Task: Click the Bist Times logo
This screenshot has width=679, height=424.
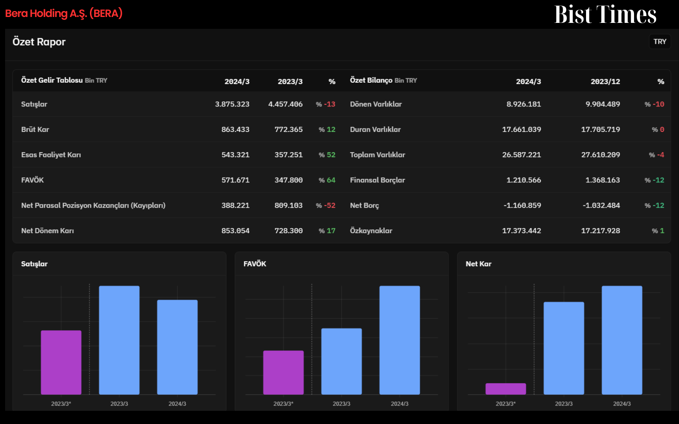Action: [x=605, y=14]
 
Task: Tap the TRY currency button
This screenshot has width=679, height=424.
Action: [x=659, y=42]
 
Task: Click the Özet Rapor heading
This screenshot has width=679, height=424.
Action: [x=39, y=42]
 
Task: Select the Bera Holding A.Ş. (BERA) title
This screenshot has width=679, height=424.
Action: [x=64, y=13]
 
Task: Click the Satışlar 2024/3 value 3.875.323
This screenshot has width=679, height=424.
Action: [x=232, y=104]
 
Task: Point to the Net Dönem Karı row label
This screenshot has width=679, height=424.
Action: [x=48, y=231]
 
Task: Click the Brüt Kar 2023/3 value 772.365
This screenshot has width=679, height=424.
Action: [x=289, y=130]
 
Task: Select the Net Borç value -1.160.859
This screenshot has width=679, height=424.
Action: [x=522, y=205]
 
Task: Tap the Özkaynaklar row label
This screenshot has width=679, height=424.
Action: [x=371, y=231]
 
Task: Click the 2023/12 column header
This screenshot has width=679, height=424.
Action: [x=605, y=81]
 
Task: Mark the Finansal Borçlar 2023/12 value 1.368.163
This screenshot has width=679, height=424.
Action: [x=603, y=180]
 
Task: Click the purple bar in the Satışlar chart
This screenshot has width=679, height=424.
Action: [x=61, y=362]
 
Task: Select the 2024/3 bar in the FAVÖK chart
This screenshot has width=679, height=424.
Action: [x=399, y=340]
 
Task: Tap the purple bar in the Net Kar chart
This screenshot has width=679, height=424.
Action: [x=505, y=389]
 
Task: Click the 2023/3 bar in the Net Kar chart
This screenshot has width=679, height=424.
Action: [x=564, y=348]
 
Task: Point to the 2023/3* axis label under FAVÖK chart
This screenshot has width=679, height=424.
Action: [x=283, y=404]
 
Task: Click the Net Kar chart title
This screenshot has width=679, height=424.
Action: [x=478, y=264]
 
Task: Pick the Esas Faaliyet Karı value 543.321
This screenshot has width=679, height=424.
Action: [x=236, y=155]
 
